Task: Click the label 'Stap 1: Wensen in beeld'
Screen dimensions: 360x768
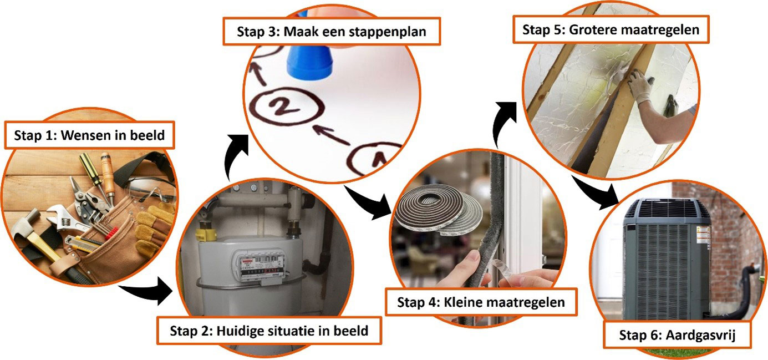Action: coord(88,135)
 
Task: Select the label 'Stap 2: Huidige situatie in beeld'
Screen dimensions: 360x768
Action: coord(269,331)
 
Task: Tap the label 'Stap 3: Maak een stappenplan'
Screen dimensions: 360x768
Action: coord(332,32)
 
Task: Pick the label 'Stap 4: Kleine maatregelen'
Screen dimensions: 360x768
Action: coord(481,302)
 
